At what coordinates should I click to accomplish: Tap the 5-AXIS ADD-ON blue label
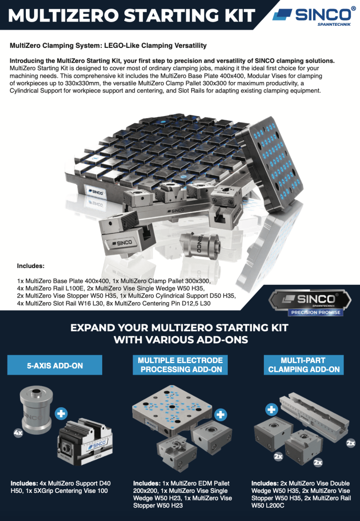click(55, 365)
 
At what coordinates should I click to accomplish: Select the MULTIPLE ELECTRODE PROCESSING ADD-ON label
click(180, 365)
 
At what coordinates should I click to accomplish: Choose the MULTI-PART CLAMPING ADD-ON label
click(304, 365)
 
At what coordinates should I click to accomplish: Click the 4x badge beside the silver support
click(18, 433)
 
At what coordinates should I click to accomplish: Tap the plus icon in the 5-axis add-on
click(61, 413)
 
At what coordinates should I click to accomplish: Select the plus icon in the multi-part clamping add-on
click(271, 409)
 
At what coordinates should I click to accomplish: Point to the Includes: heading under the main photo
click(30, 266)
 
